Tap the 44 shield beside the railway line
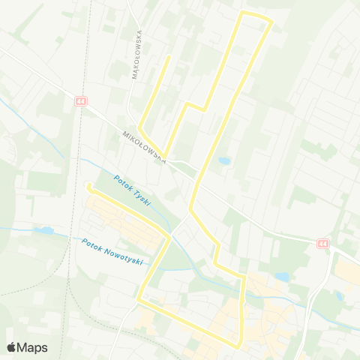[x=80, y=100]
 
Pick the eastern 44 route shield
[x=322, y=244]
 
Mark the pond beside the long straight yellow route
[x=223, y=160]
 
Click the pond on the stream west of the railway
[x=43, y=230]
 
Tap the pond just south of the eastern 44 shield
[x=283, y=277]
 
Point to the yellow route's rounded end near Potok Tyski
[x=88, y=185]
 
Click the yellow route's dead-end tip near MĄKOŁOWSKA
[x=169, y=55]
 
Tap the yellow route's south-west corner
[x=139, y=300]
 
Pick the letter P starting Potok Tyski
[x=117, y=178]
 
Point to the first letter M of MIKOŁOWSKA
[x=125, y=133]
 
